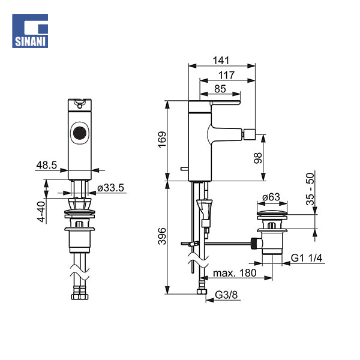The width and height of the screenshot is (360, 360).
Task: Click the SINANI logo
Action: (x=30, y=31)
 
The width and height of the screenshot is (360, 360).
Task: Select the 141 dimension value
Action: (x=221, y=61)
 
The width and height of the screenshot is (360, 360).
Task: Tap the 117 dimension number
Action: (x=226, y=75)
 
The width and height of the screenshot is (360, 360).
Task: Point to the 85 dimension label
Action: (x=220, y=89)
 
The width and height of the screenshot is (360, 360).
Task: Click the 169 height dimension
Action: (x=163, y=140)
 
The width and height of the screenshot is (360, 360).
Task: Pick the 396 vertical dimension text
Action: (x=162, y=236)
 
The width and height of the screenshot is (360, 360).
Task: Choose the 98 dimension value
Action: (x=258, y=158)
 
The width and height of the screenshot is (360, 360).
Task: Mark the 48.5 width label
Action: (x=47, y=165)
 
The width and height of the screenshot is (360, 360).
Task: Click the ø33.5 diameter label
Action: (x=110, y=188)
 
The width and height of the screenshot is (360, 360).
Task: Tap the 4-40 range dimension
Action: (x=41, y=211)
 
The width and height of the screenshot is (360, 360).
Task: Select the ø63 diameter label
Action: (x=271, y=197)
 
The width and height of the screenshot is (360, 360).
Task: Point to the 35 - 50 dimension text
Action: (x=310, y=189)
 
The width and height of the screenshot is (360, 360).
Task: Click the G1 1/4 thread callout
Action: (x=307, y=258)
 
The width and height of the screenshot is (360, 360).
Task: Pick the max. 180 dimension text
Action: (x=235, y=273)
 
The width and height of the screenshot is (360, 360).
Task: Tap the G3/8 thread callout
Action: (x=226, y=295)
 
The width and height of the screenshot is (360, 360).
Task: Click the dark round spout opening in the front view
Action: (x=79, y=133)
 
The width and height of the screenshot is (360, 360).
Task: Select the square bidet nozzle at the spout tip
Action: (x=250, y=134)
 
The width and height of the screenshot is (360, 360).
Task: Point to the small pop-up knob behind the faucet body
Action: (x=184, y=169)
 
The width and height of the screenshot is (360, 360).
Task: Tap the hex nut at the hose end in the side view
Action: (x=202, y=292)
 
